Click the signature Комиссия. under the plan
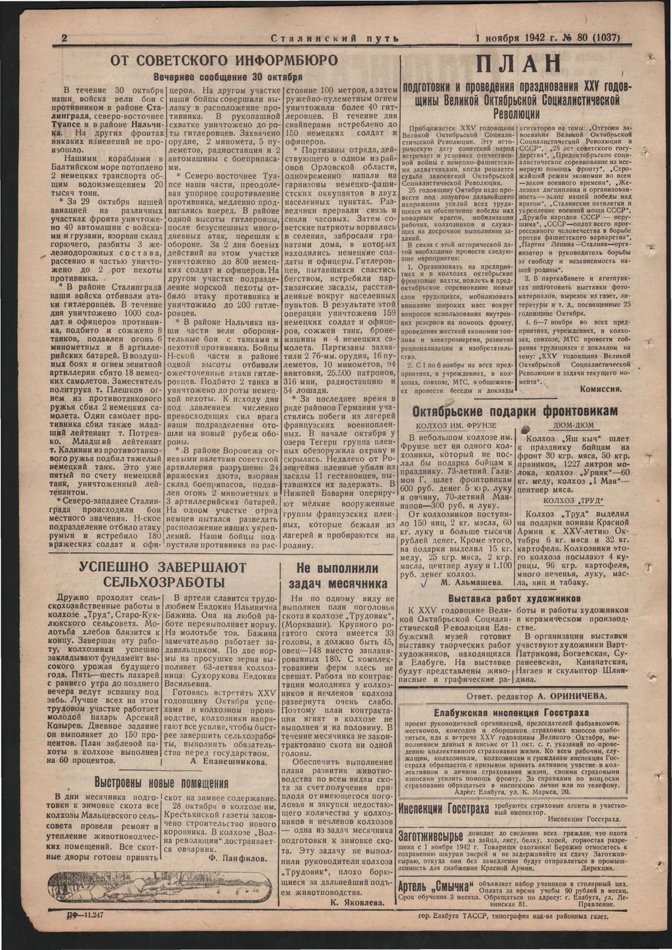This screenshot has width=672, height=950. pyautogui.click(x=600, y=389)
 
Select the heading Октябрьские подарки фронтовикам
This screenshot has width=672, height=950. pyautogui.click(x=515, y=411)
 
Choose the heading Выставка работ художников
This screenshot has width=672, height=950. pyautogui.click(x=514, y=599)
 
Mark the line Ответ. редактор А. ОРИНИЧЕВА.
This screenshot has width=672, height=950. pyautogui.click(x=535, y=697)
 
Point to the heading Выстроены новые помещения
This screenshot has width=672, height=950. pyautogui.click(x=161, y=783)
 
